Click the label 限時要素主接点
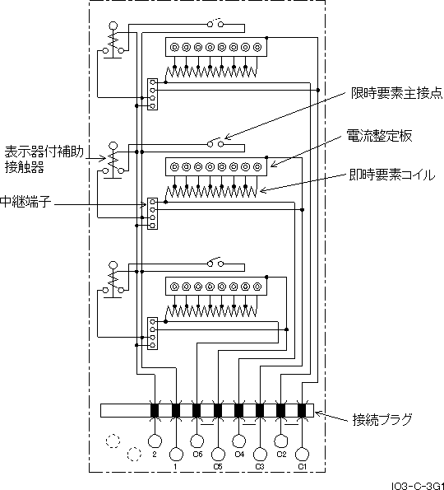396,93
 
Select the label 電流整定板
379,136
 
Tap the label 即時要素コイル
392,175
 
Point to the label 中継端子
25,202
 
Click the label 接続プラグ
382,420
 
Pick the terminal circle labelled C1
302,455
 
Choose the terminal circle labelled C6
197,441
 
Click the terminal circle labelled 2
155,441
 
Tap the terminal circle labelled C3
260,455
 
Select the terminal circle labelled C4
238,441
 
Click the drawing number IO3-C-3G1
418,486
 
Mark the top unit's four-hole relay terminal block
152,94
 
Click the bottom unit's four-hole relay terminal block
152,334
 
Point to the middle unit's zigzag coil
211,192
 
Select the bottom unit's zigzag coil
211,311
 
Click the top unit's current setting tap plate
216,47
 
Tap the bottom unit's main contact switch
215,263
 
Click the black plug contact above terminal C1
302,410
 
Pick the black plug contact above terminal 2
155,410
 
